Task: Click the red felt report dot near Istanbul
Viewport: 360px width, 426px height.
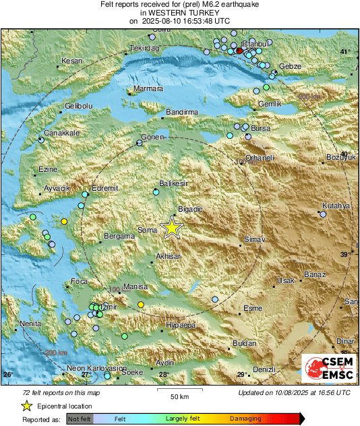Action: [239, 51]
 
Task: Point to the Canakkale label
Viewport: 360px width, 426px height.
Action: [62, 133]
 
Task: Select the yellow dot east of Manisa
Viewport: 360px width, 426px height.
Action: [140, 305]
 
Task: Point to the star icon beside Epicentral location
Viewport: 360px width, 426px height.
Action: [26, 406]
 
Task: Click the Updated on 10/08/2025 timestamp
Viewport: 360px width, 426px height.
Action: [294, 392]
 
